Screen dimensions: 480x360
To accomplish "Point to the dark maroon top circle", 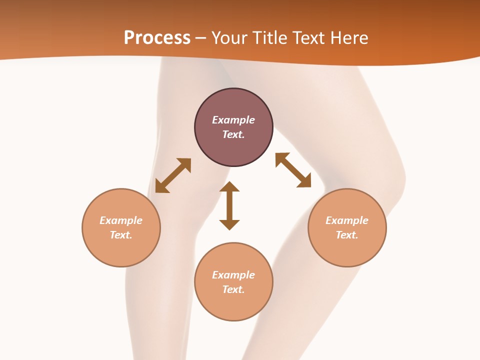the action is (234, 127).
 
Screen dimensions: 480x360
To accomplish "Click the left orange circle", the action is (121, 228).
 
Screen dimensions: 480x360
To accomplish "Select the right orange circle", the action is (347, 228).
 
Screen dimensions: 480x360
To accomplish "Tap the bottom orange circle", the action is (234, 282).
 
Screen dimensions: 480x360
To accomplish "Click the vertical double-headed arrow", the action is (229, 205).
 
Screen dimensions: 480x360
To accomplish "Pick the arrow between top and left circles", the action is (173, 175).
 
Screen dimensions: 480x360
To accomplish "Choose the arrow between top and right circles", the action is (293, 170).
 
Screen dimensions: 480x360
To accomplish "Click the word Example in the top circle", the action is (233, 120).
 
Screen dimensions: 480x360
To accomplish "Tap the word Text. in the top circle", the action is (233, 134).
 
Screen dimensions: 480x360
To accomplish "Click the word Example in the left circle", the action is (121, 220).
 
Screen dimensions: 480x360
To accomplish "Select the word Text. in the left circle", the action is (121, 235).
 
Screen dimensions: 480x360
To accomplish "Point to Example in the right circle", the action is (347, 220).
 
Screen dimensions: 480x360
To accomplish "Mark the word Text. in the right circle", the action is (347, 235).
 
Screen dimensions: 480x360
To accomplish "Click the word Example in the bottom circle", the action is (233, 275).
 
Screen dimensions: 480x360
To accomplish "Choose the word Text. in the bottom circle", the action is (233, 289).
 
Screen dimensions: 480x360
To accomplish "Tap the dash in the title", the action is (201, 38).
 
